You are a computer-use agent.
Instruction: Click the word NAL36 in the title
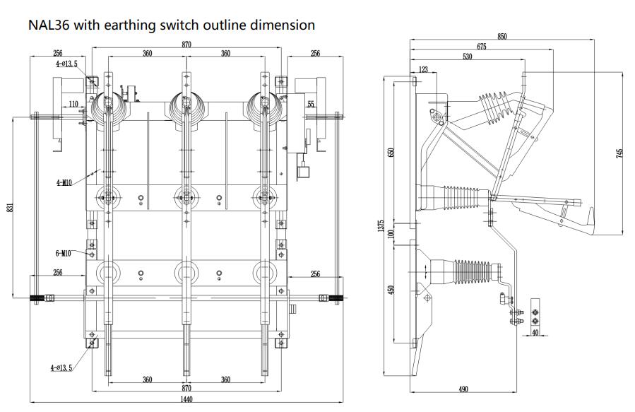pos(49,25)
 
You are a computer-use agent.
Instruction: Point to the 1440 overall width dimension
pos(186,399)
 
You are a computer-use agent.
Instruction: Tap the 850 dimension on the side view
pos(502,36)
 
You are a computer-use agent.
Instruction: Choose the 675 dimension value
pos(481,47)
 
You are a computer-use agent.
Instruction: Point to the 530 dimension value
pos(468,57)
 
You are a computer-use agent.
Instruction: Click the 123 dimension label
pos(423,69)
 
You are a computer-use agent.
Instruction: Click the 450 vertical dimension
pos(392,288)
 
